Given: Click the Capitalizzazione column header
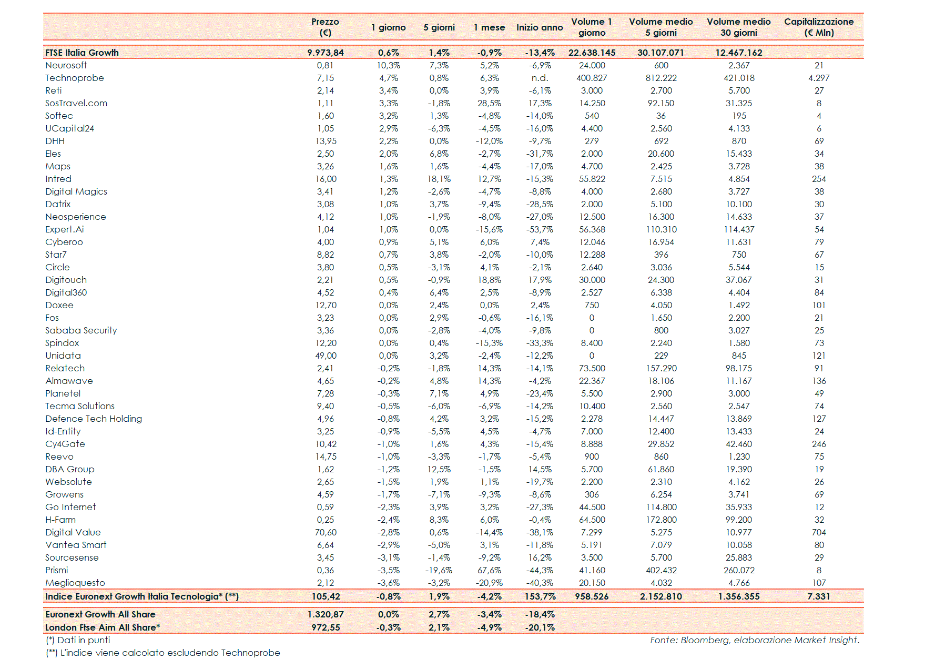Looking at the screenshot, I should pos(818,27).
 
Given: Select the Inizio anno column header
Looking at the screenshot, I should pos(539,27).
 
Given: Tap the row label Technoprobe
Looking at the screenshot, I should pos(75,78).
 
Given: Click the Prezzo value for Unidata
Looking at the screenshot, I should pos(326,356).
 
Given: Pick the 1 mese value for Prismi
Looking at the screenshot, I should pos(489,570).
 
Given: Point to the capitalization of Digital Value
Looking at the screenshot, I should pos(819,532).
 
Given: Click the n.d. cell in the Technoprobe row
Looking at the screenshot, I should pos(540,78).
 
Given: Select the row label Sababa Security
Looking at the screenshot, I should pos(81,330).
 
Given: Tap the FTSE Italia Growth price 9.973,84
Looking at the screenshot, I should pos(326,53).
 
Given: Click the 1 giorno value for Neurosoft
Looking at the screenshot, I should pos(389,65).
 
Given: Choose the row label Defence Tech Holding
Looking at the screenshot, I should pos(94,419).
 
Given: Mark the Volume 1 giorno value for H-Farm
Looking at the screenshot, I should pos(592,520).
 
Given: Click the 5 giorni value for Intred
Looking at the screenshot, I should pos(439,179).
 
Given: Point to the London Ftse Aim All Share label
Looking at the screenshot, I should pos(103,627).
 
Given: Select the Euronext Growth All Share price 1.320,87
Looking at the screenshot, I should pos(326,614).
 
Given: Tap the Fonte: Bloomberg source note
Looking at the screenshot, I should pos(754,640).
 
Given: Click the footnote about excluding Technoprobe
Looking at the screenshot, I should pos(163,653).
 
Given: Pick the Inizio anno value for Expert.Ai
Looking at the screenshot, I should pos(540,229).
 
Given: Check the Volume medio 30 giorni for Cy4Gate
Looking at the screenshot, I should pos(738,444).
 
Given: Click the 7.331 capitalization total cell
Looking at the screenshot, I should pos(818,596).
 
